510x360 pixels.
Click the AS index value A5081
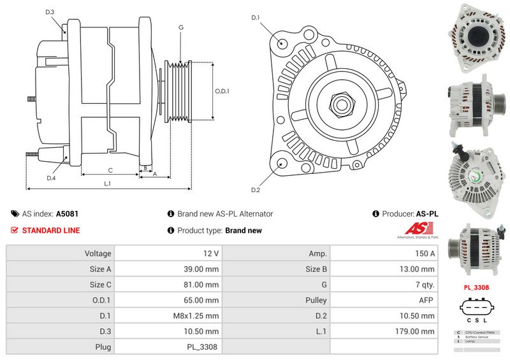(67, 214)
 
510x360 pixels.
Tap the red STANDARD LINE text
(51, 231)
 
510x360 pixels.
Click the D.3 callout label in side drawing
(50, 12)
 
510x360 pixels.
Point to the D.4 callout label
(51, 178)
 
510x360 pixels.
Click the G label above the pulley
(181, 27)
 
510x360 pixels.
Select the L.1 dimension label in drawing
(108, 184)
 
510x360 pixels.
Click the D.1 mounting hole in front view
(282, 43)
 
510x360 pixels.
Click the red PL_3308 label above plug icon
(476, 288)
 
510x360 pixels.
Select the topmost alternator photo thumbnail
(476, 35)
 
